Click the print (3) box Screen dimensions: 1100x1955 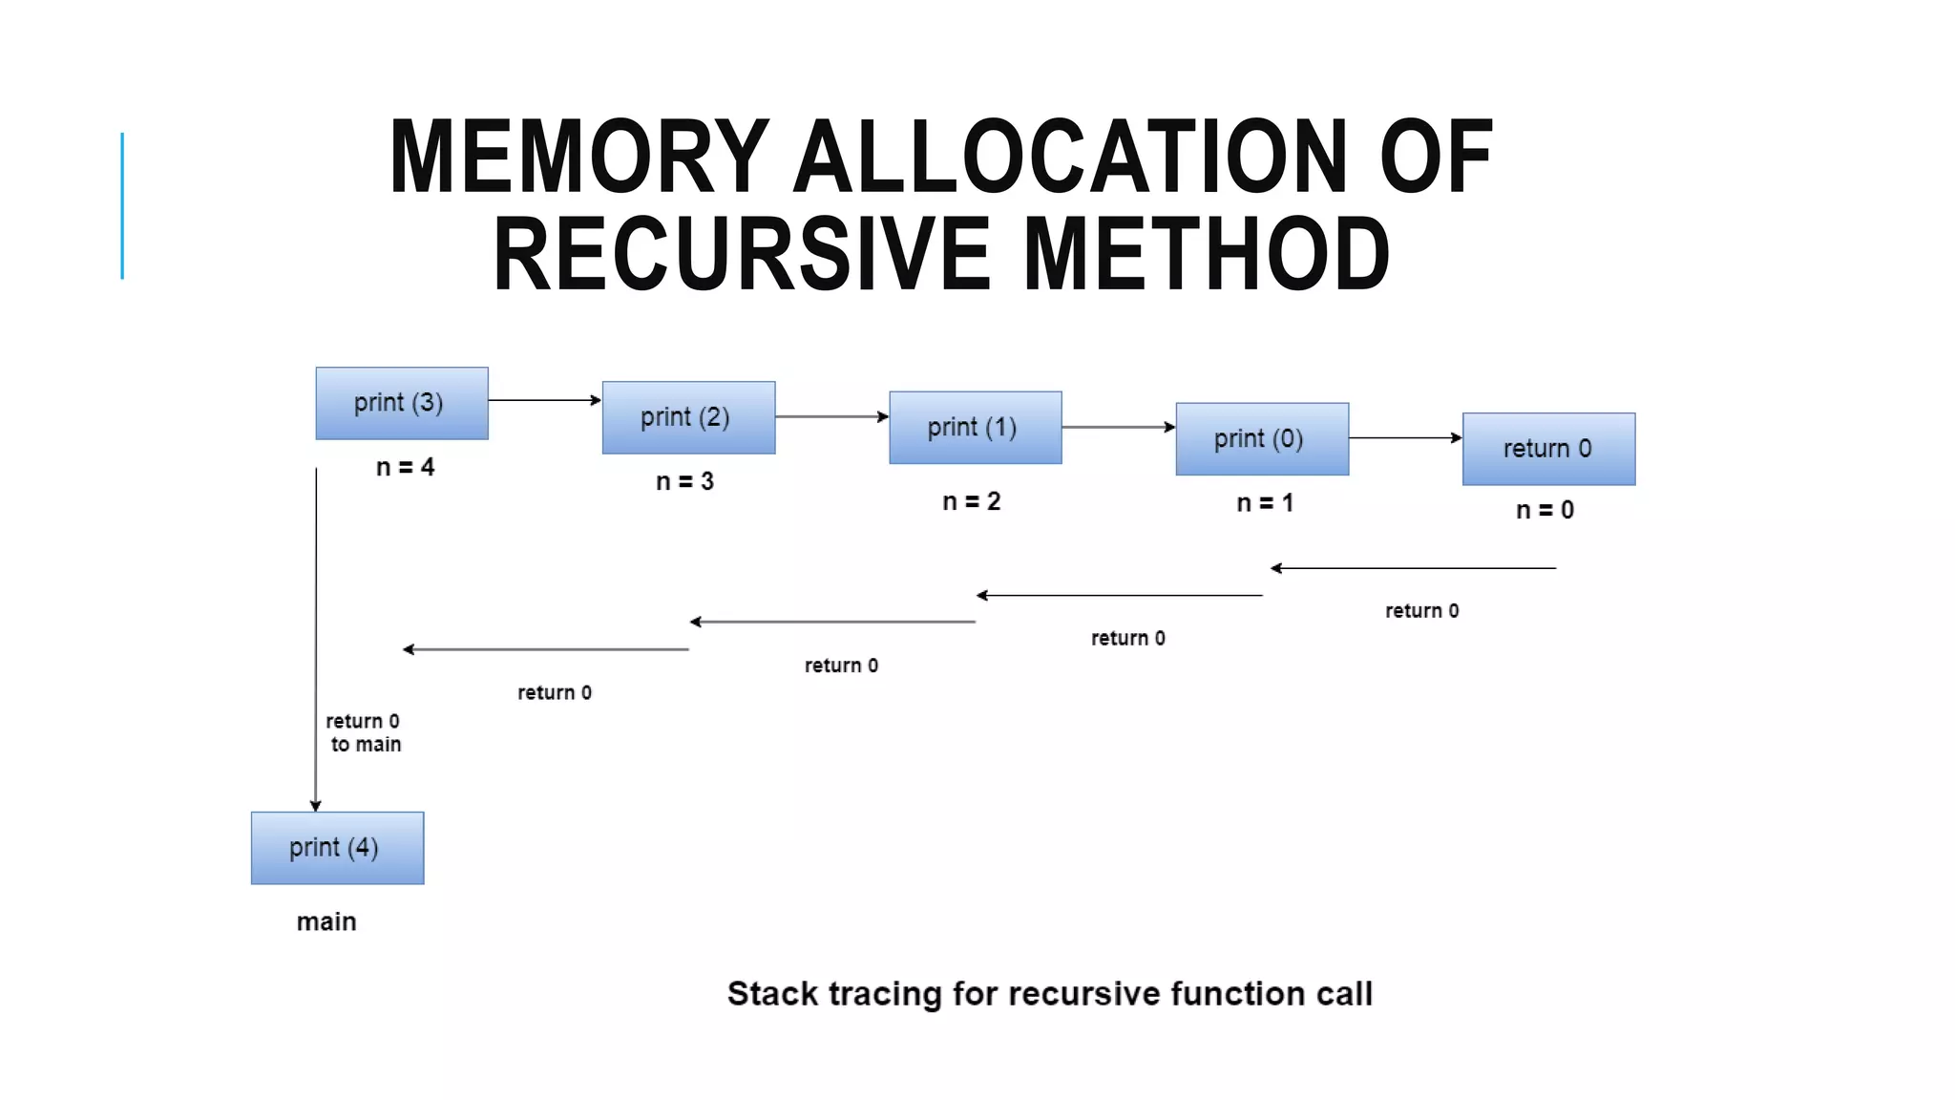[402, 403]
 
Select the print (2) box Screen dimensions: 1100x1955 [688, 417]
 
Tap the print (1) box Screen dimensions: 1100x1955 [975, 427]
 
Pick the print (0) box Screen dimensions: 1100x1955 [1262, 438]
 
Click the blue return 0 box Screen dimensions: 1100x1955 [1548, 449]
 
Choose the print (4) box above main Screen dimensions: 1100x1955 [337, 848]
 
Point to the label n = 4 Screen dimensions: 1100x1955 [405, 467]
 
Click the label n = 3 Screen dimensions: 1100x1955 [684, 481]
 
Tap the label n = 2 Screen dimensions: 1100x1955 [971, 501]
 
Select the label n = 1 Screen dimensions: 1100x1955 [1265, 502]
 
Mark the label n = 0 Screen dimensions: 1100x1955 [1545, 510]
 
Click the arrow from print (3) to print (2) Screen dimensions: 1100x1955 [544, 400]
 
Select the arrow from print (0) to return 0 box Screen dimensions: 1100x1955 [1405, 438]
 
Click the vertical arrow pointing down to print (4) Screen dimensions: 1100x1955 [316, 640]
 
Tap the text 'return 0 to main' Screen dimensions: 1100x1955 [364, 732]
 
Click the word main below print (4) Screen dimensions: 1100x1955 [326, 921]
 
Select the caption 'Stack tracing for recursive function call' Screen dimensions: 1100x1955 [1049, 994]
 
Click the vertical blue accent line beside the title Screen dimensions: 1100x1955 [122, 205]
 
